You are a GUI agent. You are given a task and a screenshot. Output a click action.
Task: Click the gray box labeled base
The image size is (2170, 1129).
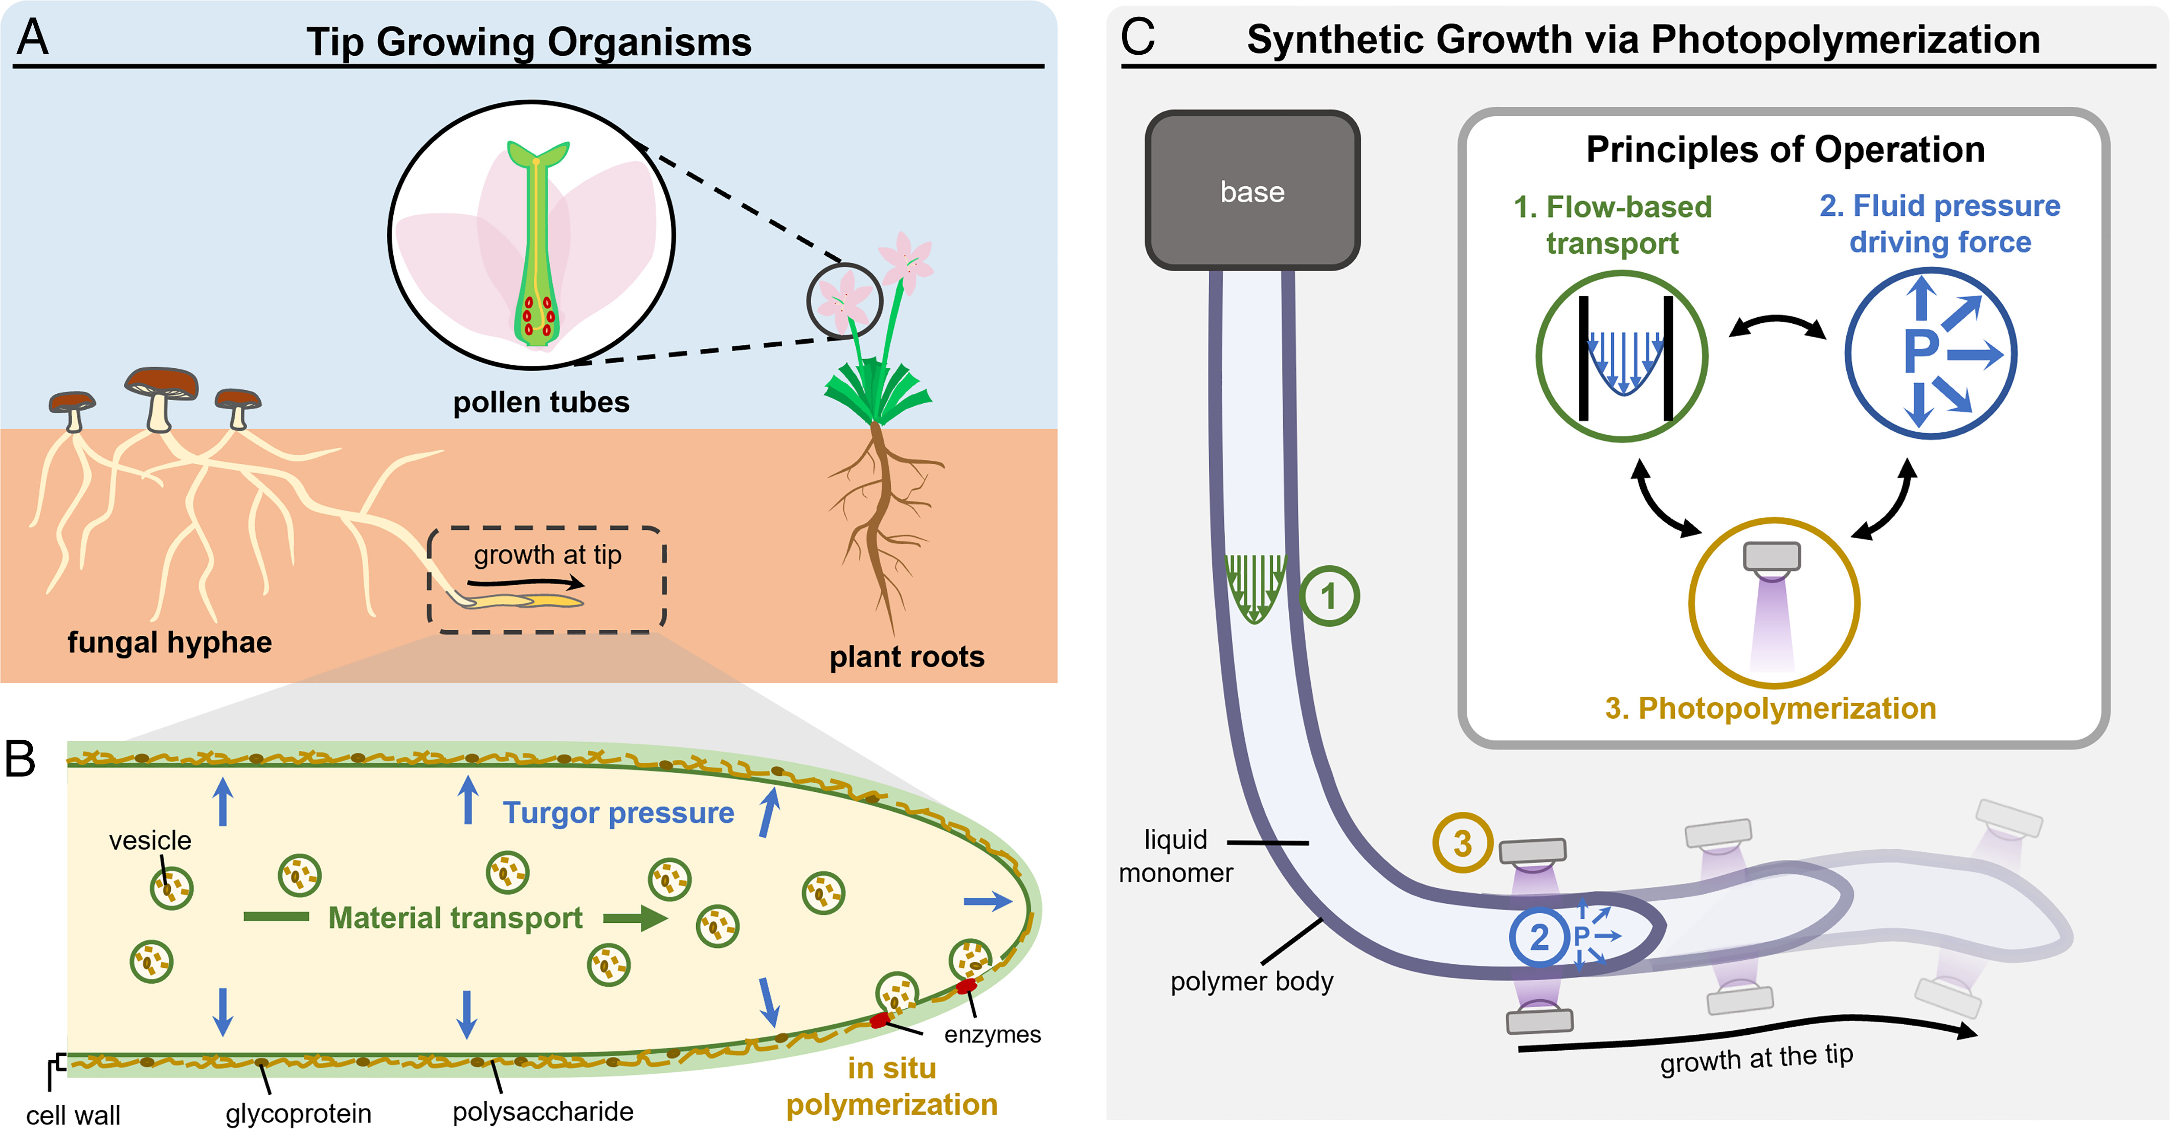(x=1252, y=190)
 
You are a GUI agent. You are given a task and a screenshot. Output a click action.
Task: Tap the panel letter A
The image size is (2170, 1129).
(x=33, y=38)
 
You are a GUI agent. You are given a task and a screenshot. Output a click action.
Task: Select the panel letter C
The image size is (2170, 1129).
(x=1137, y=38)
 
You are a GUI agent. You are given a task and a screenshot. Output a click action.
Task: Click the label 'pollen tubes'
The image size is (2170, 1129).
(x=541, y=403)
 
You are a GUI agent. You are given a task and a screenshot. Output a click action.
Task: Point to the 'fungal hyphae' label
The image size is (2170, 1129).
(x=169, y=642)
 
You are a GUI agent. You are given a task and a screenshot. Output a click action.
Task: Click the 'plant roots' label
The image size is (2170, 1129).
(x=906, y=656)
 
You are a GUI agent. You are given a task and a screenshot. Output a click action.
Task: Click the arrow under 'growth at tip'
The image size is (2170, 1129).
(x=526, y=582)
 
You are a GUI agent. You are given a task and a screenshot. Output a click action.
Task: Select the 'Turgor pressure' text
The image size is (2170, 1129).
(x=618, y=813)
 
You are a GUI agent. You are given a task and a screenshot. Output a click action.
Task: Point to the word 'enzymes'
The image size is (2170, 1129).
(x=992, y=1035)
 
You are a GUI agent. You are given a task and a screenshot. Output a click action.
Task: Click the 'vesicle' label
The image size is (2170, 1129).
(x=150, y=840)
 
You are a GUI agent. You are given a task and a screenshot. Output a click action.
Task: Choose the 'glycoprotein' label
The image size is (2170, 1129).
(x=298, y=1113)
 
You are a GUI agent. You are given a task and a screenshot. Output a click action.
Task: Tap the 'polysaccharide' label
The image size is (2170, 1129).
(x=543, y=1111)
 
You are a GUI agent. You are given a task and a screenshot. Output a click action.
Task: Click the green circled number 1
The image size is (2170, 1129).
(x=1329, y=596)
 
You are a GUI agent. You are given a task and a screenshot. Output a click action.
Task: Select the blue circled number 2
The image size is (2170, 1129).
(x=1538, y=937)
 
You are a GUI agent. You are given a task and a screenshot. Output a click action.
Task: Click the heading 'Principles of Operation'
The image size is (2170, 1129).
(x=1785, y=150)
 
